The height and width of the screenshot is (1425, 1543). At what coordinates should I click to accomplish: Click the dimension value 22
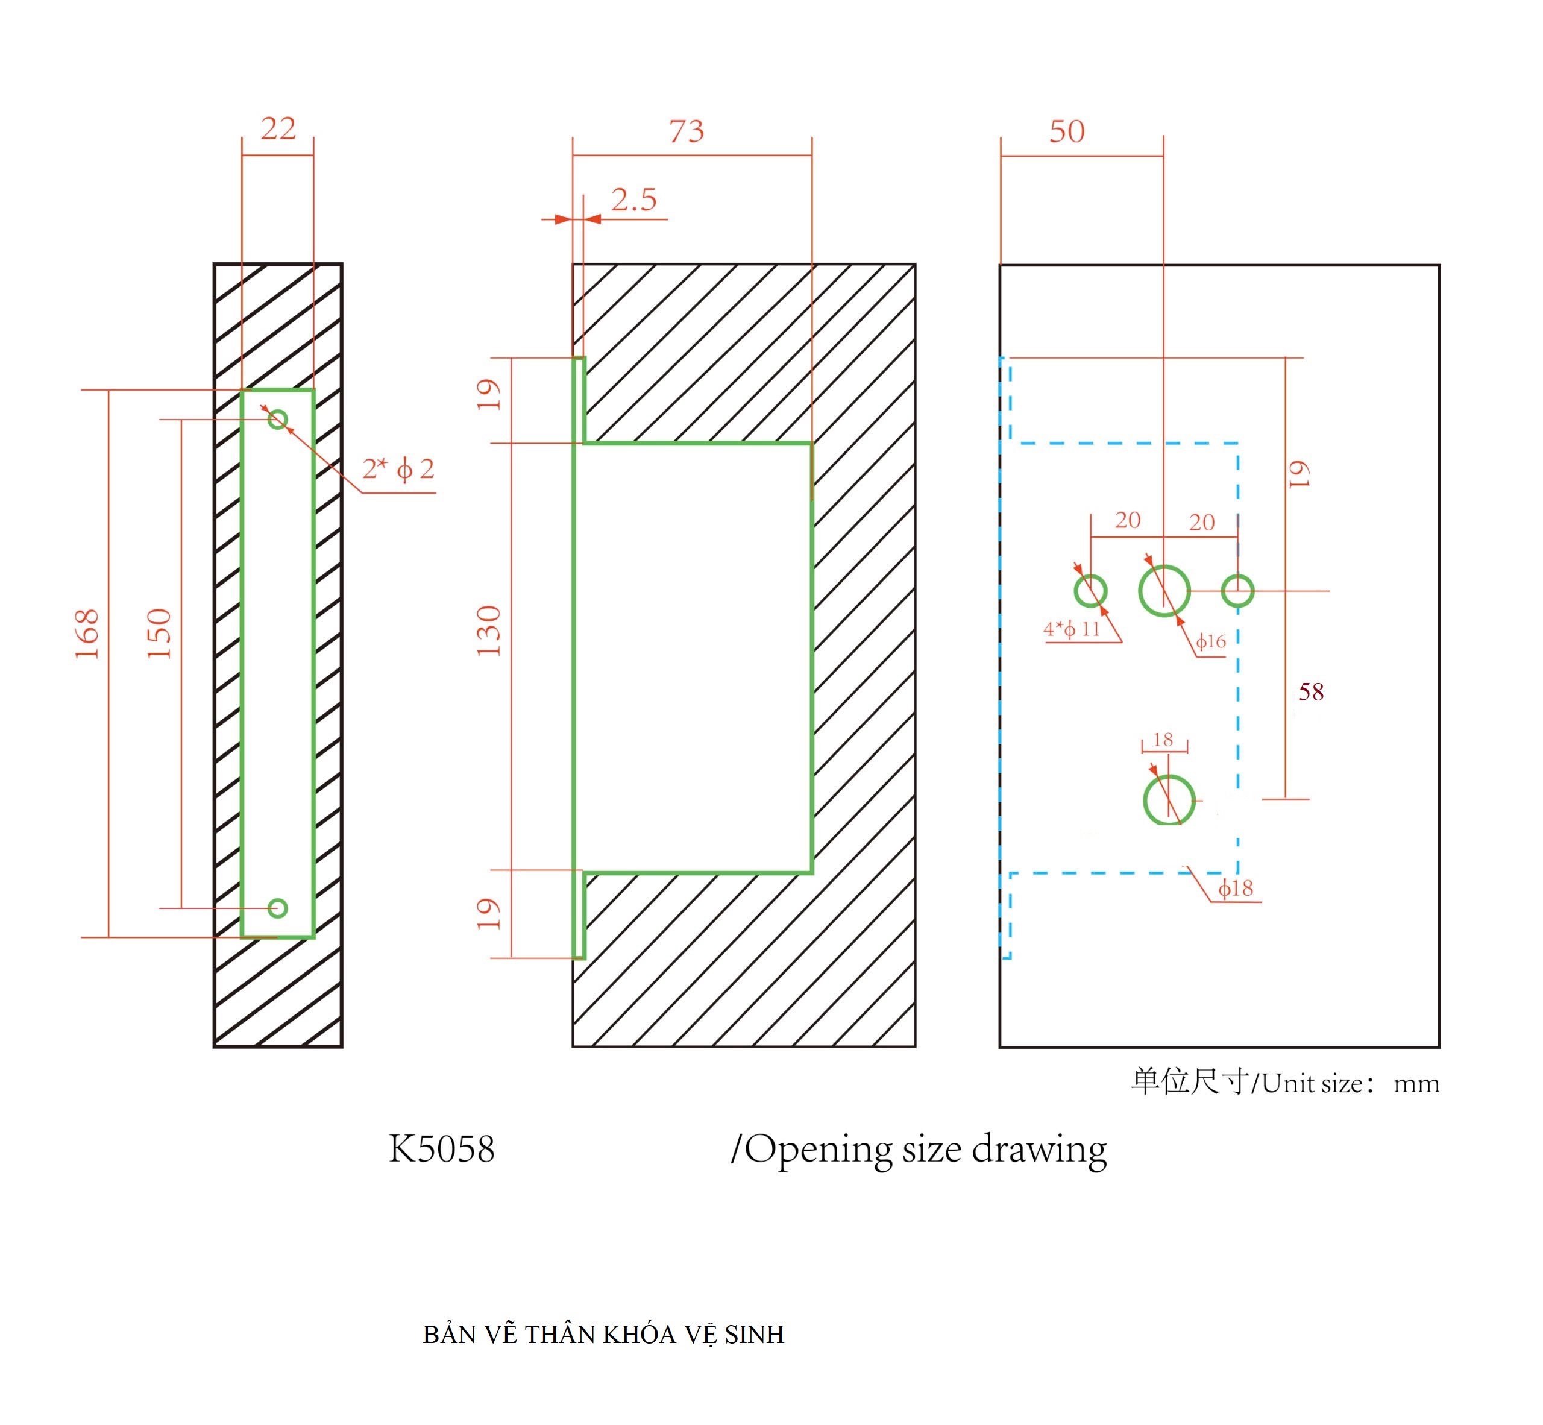click(x=278, y=128)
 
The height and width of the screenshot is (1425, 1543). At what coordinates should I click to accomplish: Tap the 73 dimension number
click(x=687, y=131)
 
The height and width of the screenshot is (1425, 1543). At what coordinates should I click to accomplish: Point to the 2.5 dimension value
click(x=634, y=200)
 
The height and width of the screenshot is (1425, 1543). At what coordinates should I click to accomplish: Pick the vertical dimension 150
click(x=159, y=634)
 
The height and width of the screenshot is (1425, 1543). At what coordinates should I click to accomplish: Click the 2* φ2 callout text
click(x=398, y=469)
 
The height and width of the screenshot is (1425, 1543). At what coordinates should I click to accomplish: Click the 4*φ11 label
click(x=1072, y=629)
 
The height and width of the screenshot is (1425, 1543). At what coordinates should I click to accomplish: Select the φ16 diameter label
click(x=1211, y=641)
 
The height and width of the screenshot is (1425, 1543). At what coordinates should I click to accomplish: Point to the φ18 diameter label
click(x=1236, y=889)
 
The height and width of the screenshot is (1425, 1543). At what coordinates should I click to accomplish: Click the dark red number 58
click(x=1311, y=691)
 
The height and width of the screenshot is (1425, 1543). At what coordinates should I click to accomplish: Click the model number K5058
click(x=442, y=1149)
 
